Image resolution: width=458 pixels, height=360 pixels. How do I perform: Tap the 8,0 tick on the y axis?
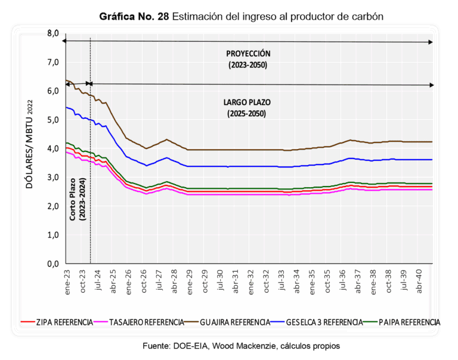(x=52, y=33)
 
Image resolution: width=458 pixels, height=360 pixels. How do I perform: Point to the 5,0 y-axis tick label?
(x=52, y=120)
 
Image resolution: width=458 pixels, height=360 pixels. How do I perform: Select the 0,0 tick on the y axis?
(x=52, y=263)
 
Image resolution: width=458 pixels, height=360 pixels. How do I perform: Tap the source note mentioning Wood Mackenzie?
(x=241, y=345)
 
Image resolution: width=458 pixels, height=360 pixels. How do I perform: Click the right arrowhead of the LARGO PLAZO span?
(x=431, y=85)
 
